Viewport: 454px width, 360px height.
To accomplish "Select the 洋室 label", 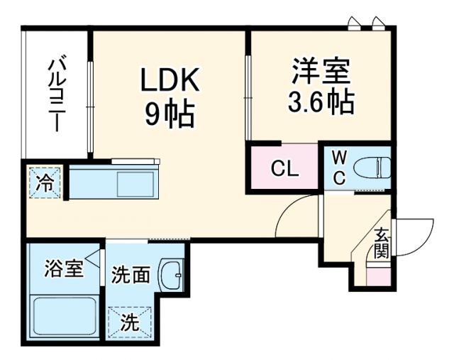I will pos(321,72).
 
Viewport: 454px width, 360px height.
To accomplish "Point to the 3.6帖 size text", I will pos(321,104).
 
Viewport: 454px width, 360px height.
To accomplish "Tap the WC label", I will pos(339,168).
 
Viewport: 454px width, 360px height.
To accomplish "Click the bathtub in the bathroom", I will pos(64,316).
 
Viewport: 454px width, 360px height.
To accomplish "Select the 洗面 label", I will pos(130,274).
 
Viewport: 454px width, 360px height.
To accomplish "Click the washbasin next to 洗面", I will pos(171,273).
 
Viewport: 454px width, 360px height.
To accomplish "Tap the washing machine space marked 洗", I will pos(130,322).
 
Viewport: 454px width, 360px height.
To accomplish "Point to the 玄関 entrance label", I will pos(382,241).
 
